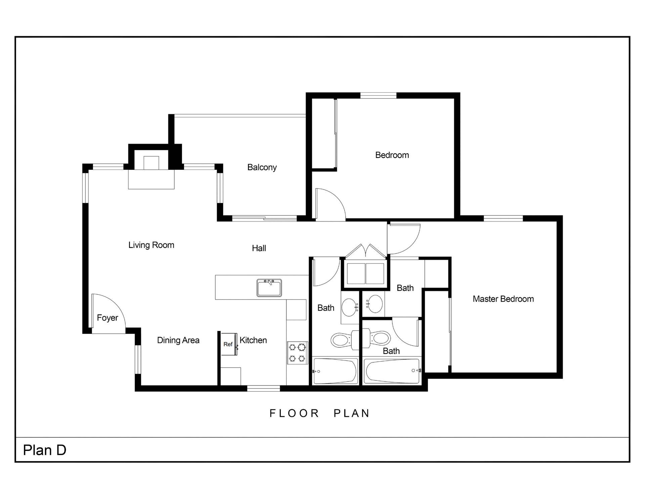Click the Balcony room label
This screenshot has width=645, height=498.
pos(262,167)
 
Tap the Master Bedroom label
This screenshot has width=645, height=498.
pos(503,299)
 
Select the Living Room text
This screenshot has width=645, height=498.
pos(151,245)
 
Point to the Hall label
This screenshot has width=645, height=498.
pos(259,248)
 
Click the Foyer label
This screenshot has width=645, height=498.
pos(107,317)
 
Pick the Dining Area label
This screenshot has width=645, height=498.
pos(178,340)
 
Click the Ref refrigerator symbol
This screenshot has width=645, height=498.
pos(228,344)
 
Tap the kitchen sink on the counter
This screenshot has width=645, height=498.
pos(269,288)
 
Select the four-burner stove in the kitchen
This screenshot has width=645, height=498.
pos(298,352)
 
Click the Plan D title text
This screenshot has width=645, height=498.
pos(45,450)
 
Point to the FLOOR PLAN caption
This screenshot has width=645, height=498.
pos(319,413)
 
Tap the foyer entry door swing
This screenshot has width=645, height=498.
pos(107,310)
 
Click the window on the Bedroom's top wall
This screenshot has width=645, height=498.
pos(378,96)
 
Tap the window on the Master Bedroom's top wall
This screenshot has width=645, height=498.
pos(503,218)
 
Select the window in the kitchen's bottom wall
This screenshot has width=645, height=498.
pos(263,388)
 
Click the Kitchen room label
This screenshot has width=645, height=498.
pos(253,340)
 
